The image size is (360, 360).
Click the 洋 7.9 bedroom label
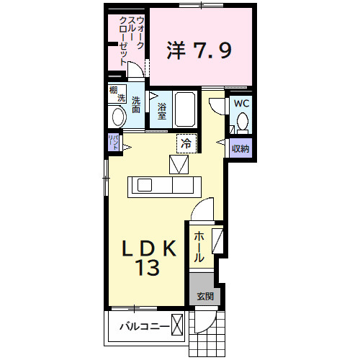(x=200, y=51)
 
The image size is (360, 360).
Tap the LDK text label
(x=148, y=249)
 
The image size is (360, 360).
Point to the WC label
(x=241, y=103)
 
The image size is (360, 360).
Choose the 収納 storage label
(x=240, y=149)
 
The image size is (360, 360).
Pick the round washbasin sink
(x=117, y=116)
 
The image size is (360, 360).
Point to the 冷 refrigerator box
(x=186, y=144)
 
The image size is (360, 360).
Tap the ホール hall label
(x=199, y=247)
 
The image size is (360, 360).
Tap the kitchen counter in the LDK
(x=164, y=186)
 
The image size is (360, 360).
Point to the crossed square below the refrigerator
(x=179, y=165)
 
